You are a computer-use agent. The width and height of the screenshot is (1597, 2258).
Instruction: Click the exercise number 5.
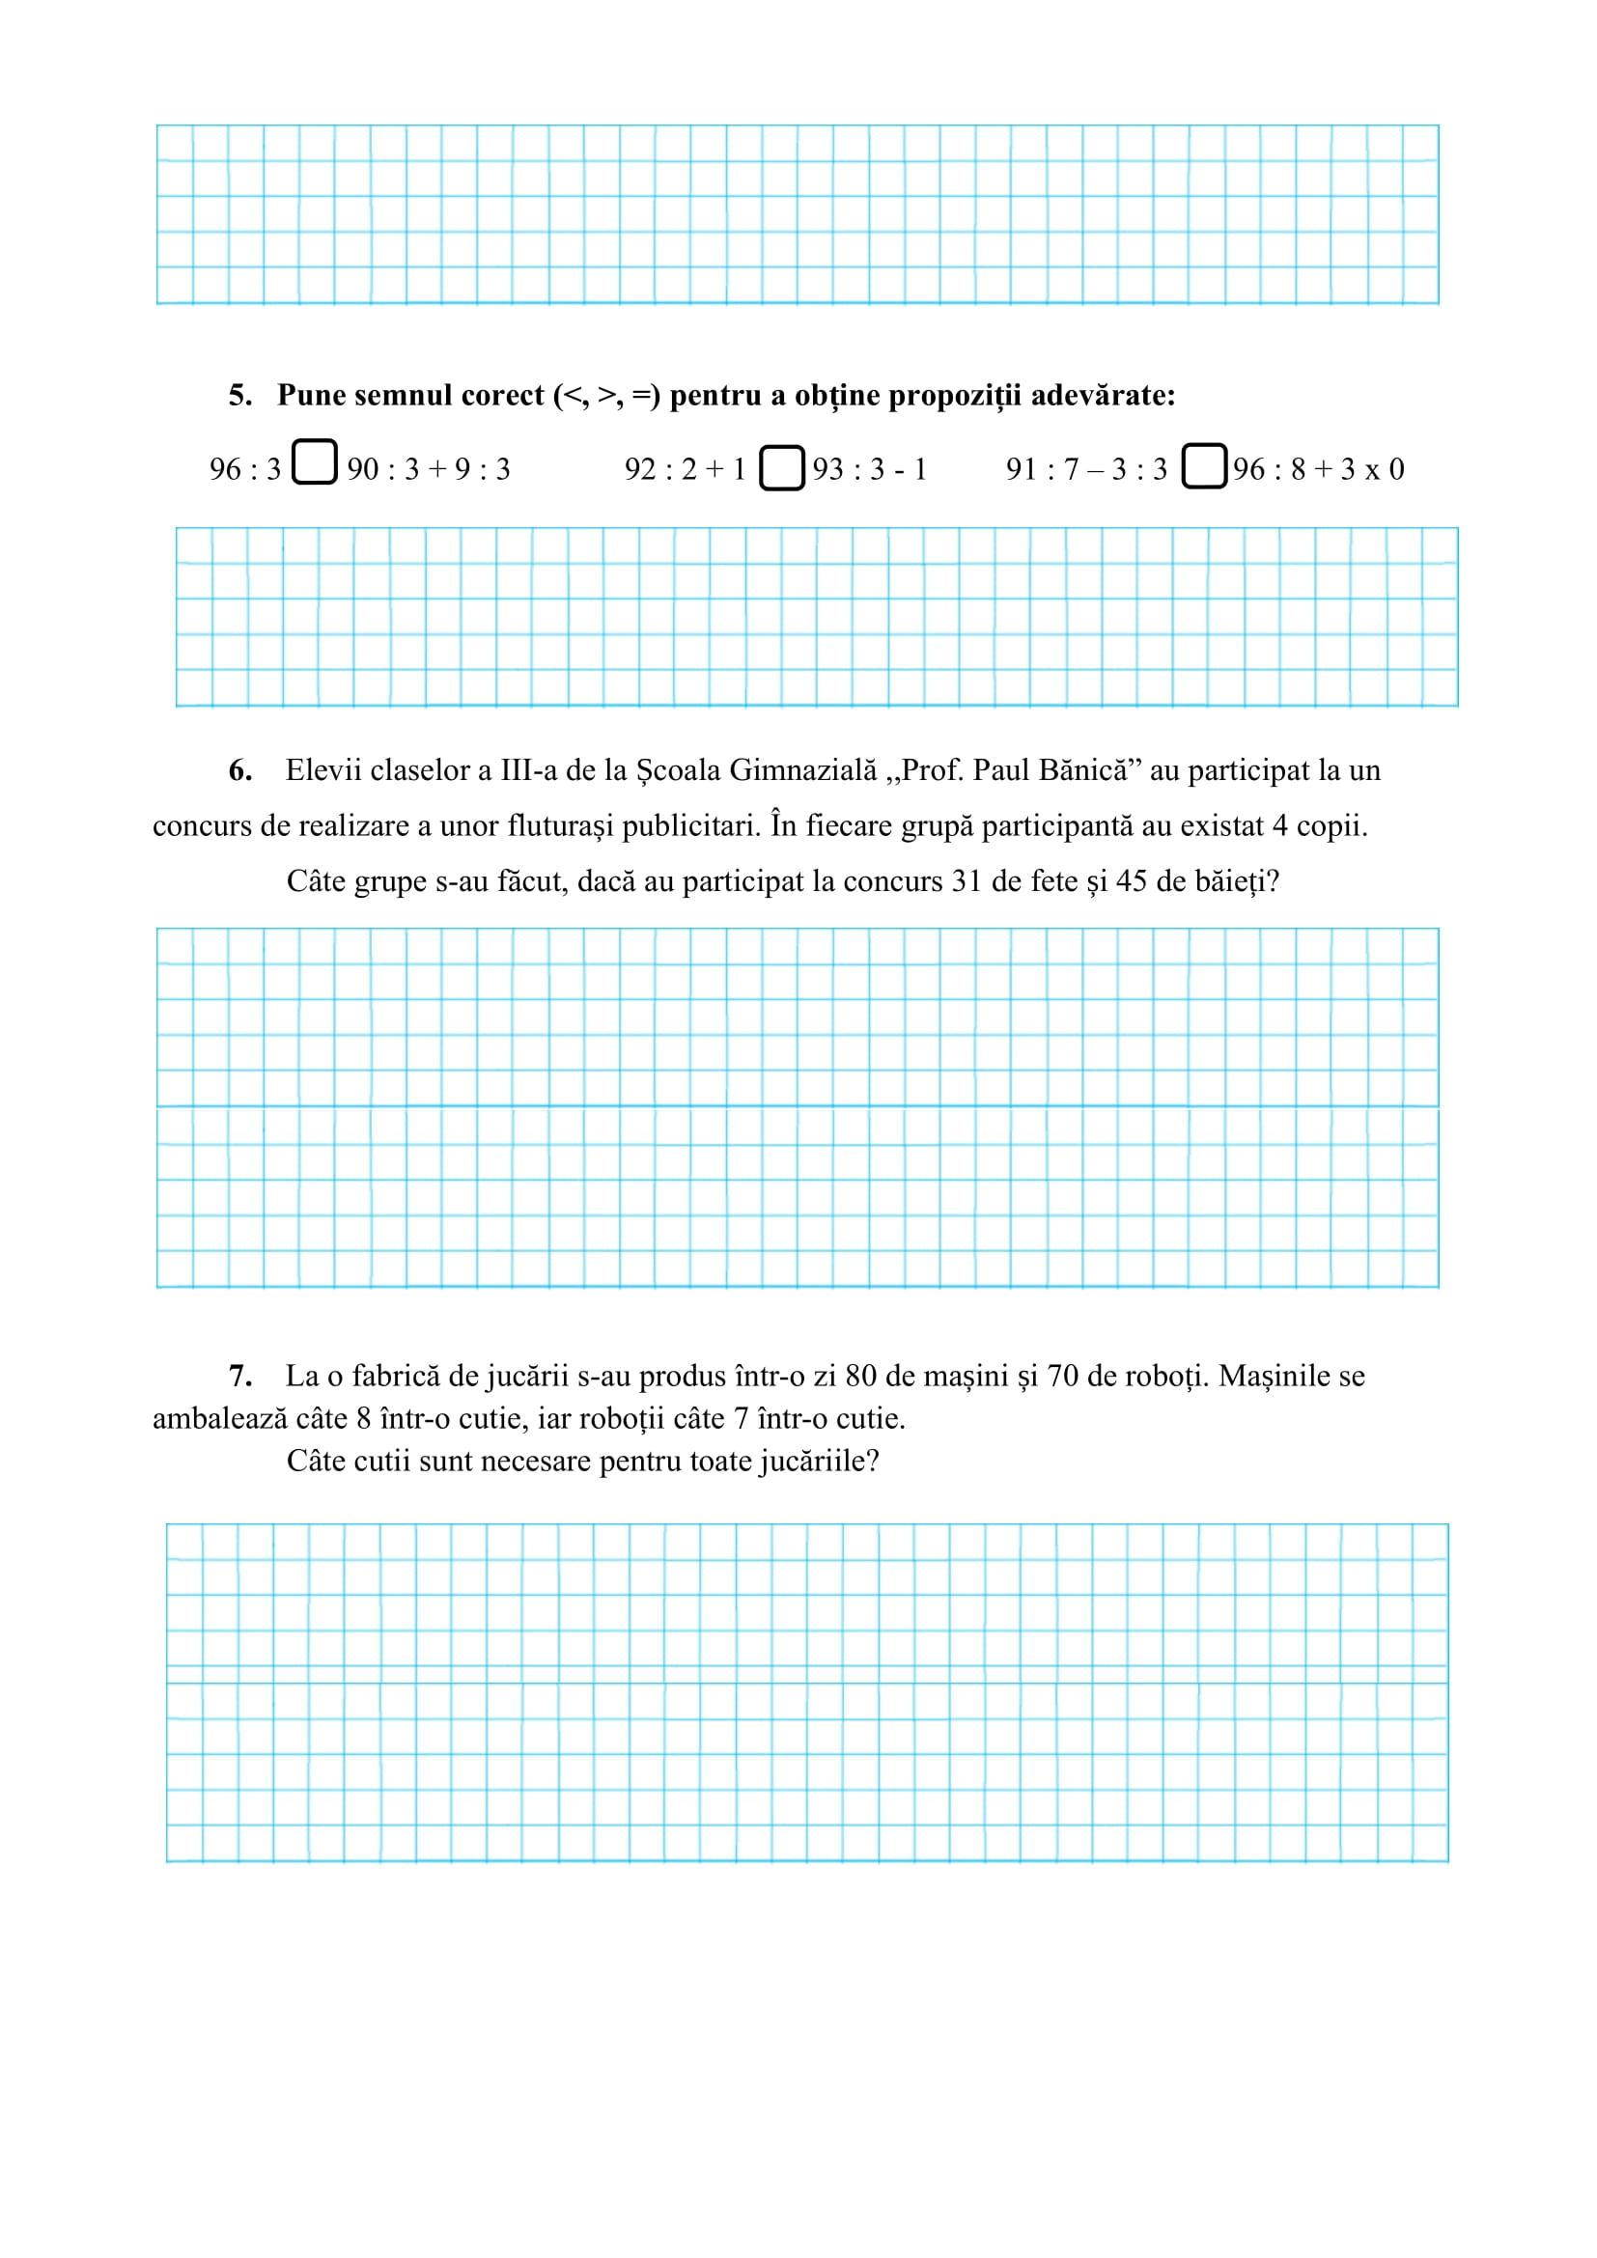(238, 396)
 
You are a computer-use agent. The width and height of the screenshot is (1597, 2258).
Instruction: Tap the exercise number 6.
(238, 770)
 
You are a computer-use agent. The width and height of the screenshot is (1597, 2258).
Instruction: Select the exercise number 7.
(238, 1376)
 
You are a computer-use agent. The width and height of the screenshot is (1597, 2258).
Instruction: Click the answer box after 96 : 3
(315, 462)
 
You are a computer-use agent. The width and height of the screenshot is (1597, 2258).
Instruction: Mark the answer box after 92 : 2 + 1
(782, 467)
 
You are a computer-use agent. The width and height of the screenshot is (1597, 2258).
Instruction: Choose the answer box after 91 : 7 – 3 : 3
(1204, 466)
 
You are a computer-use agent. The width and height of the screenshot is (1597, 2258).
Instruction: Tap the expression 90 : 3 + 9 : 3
(429, 469)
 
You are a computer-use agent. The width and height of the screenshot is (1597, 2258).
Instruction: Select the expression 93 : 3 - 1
(869, 469)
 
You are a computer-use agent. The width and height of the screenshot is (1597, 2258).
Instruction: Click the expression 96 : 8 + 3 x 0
(1319, 469)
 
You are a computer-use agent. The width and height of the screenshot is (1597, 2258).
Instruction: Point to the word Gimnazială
(802, 770)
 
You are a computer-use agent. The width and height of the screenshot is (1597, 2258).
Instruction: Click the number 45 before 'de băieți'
(1132, 880)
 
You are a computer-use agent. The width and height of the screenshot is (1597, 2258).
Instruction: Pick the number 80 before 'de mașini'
(860, 1376)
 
